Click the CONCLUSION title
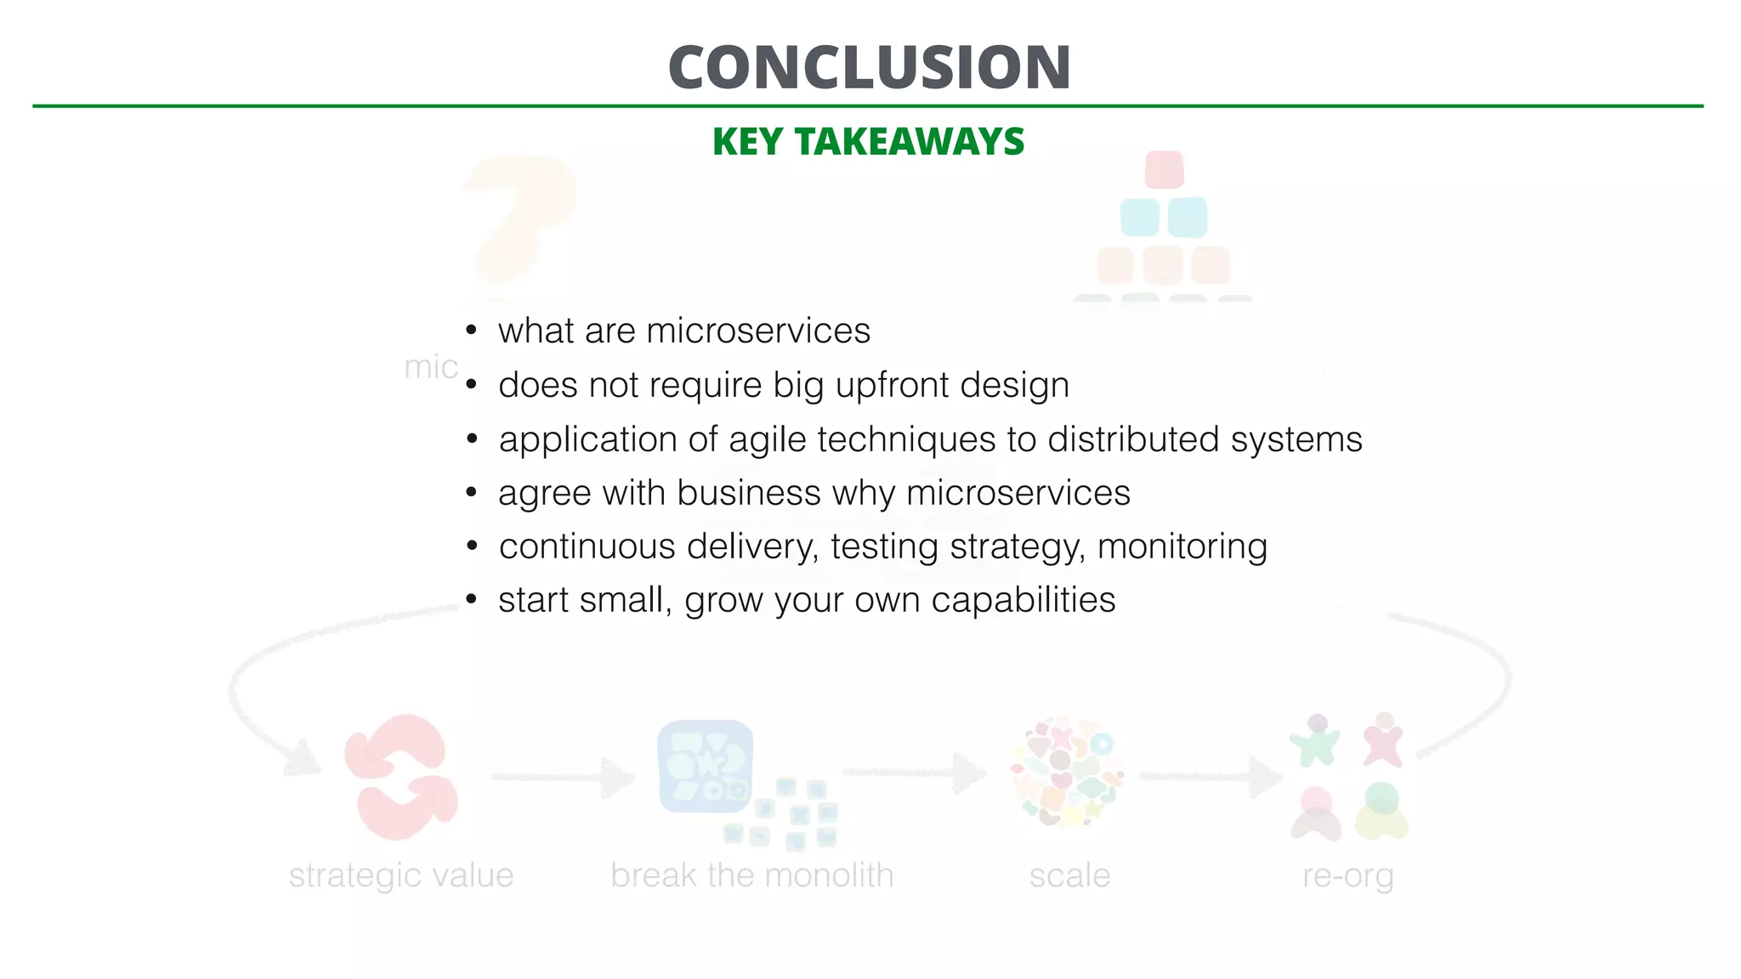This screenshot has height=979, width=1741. [x=869, y=67]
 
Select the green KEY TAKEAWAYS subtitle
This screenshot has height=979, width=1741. [x=869, y=141]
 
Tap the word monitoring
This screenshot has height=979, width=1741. [x=1182, y=546]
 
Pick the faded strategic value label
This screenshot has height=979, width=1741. [x=401, y=875]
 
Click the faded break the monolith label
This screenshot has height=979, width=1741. [x=752, y=875]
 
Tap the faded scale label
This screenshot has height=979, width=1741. [x=1069, y=875]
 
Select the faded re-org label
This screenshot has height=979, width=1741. [x=1348, y=876]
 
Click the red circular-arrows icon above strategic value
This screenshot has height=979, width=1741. [x=400, y=776]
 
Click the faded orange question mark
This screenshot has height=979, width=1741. [x=518, y=217]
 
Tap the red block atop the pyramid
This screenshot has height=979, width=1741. [x=1164, y=169]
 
